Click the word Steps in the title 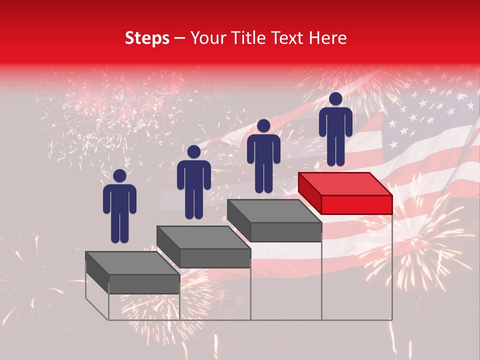[147, 38]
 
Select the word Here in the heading [326, 38]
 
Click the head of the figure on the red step [335, 99]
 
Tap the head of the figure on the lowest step [119, 176]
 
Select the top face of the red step [345, 184]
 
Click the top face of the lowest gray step [132, 263]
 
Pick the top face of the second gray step [203, 237]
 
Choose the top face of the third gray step [274, 211]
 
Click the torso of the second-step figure [194, 177]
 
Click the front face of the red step [356, 204]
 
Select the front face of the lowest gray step [144, 284]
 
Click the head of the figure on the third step [263, 125]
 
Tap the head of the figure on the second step [194, 152]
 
